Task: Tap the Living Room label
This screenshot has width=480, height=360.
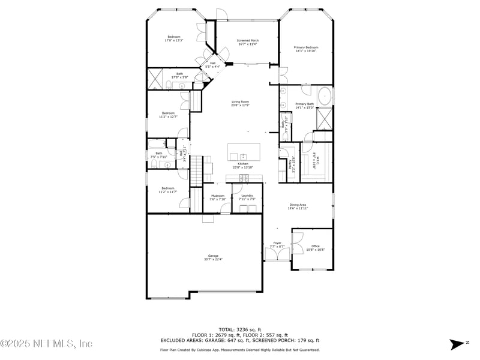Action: coord(240,103)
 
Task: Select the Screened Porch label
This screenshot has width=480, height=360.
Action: coord(247,42)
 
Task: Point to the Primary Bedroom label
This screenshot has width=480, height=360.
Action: coord(306,49)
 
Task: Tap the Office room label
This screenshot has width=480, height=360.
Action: coord(315,247)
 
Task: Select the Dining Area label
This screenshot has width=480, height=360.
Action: coord(298,207)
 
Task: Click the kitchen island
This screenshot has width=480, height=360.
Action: coord(244,150)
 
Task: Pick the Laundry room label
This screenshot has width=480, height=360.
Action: coord(247,197)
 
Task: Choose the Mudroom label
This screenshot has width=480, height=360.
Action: coord(217,197)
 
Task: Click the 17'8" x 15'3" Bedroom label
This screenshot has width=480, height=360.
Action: coord(174,38)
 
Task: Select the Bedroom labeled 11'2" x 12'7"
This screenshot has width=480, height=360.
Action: coord(168,115)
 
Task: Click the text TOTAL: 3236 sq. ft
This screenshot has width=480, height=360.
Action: coord(239,330)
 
